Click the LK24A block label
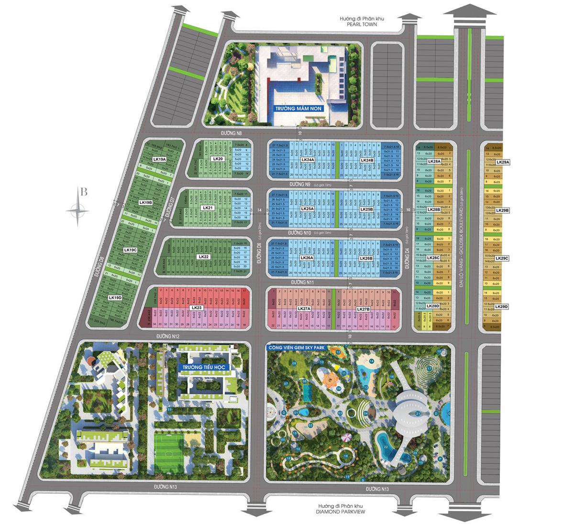pos(308,160)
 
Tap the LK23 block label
pos(196,307)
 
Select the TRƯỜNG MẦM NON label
pos(299,109)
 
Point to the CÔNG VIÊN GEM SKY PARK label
pos(297,348)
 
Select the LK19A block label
pos(159,159)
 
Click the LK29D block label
pos(501,307)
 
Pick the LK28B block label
pos(433,209)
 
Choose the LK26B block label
pos(366,258)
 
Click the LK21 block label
pos(207,208)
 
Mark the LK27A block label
pos(304,309)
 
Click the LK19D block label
pos(115,297)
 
